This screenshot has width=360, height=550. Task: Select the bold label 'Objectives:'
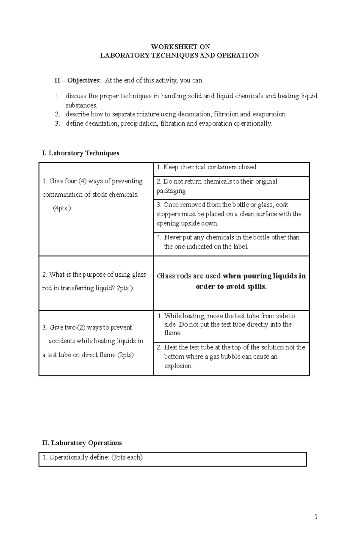click(x=84, y=80)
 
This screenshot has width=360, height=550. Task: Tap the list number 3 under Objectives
click(x=58, y=123)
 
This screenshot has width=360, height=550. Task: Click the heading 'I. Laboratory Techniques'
click(x=81, y=153)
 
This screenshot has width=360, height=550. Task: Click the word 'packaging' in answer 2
click(x=171, y=191)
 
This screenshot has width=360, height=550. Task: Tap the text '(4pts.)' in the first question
click(x=62, y=208)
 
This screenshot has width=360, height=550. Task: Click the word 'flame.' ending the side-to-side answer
click(x=172, y=333)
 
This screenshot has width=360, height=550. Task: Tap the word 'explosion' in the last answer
click(x=178, y=366)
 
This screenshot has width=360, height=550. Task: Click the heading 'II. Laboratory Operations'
click(x=82, y=443)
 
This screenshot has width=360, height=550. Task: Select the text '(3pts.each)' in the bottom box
click(x=127, y=457)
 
